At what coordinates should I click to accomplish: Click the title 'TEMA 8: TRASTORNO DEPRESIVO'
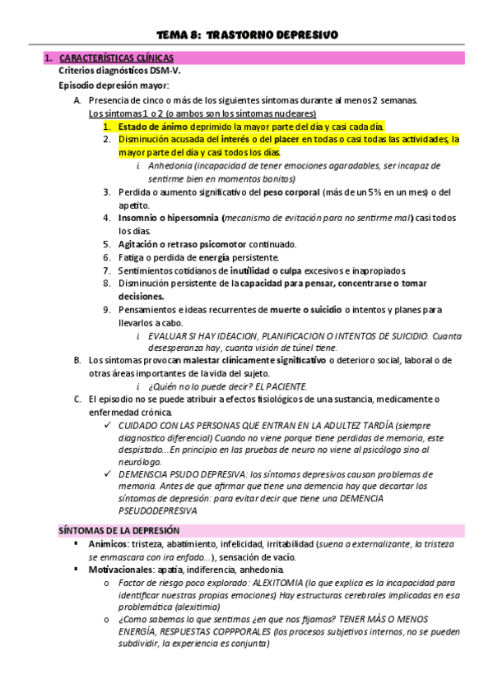(x=246, y=34)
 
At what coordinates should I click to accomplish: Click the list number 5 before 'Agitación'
(x=108, y=244)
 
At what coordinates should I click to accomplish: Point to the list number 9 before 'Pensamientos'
(x=108, y=310)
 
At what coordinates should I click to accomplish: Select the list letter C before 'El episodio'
(x=77, y=399)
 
